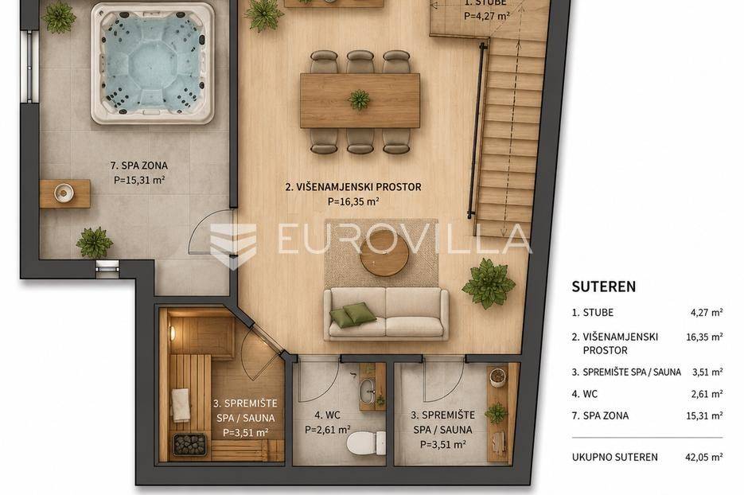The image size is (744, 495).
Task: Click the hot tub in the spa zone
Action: [152, 64]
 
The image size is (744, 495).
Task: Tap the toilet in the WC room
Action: [366, 443]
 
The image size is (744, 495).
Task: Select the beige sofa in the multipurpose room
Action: [386, 314]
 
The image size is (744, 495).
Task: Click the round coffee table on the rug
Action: [384, 253]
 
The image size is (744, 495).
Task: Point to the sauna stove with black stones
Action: [190, 445]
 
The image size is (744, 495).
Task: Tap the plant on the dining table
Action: [359, 99]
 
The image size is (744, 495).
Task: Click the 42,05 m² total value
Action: [704, 457]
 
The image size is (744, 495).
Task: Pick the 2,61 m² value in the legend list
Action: [707, 394]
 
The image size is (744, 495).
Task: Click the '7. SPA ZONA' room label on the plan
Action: [139, 166]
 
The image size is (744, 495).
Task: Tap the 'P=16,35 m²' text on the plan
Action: [353, 201]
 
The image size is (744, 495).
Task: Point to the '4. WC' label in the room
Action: [327, 415]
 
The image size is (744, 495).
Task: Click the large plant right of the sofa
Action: [489, 283]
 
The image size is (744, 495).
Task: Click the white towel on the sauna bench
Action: [181, 405]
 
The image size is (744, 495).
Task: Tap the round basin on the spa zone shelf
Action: [64, 193]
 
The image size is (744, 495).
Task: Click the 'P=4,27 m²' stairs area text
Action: [487, 16]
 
